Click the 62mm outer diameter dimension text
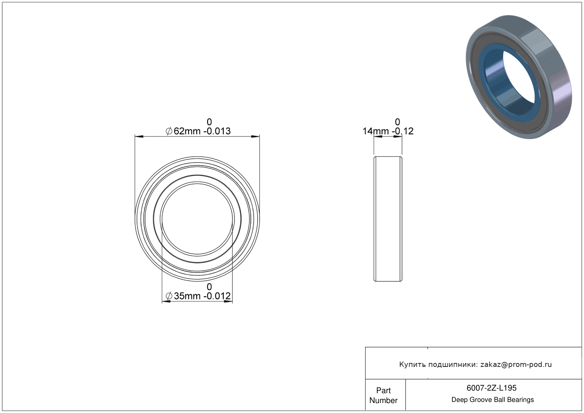tap(187, 131)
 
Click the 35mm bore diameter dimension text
tap(187, 296)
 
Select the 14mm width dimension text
tap(376, 131)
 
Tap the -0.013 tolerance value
tap(217, 131)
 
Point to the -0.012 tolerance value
tap(217, 296)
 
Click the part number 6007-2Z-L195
tap(491, 388)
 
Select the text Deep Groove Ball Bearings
tap(492, 400)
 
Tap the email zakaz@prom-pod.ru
tap(516, 364)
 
